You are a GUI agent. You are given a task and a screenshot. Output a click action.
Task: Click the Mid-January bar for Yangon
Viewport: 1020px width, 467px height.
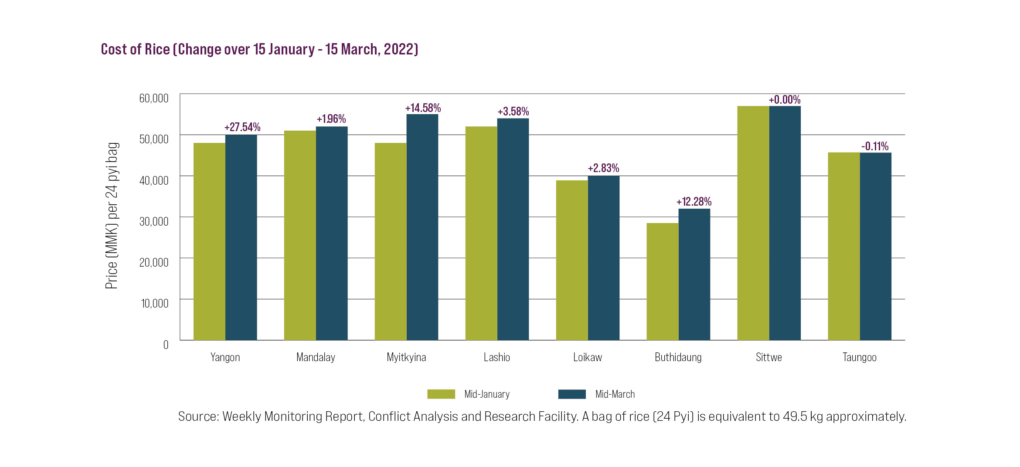click(x=209, y=241)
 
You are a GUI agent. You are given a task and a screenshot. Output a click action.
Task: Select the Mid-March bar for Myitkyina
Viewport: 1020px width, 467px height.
click(x=422, y=227)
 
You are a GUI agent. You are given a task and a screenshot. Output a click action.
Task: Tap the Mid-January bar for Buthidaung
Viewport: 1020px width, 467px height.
click(x=663, y=281)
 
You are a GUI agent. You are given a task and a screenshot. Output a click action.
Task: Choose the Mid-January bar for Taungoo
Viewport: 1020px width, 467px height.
click(x=844, y=246)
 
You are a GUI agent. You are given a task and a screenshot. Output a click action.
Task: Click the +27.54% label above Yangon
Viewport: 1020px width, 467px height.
click(x=242, y=127)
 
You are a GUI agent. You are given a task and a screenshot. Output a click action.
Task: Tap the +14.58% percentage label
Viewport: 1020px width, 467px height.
click(x=423, y=108)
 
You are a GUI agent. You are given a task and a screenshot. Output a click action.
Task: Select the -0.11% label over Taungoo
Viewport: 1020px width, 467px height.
click(x=875, y=146)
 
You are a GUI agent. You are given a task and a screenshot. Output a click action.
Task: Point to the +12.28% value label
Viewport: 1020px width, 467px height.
click(x=694, y=202)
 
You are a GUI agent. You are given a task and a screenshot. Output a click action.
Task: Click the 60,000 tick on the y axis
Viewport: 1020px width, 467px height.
click(x=154, y=98)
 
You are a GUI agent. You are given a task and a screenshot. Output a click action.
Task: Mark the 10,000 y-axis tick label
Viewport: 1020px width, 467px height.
click(x=155, y=303)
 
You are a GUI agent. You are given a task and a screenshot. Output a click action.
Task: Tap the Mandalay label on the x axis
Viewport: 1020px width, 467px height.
click(x=316, y=358)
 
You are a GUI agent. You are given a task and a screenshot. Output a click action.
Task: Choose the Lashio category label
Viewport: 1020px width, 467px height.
click(x=497, y=358)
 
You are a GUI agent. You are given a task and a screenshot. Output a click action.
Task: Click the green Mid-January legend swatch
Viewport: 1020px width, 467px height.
click(x=441, y=394)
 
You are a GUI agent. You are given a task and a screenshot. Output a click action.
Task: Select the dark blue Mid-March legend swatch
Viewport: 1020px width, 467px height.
click(x=572, y=394)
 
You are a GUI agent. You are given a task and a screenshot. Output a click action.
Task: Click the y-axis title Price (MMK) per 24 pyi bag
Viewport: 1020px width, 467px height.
click(x=112, y=216)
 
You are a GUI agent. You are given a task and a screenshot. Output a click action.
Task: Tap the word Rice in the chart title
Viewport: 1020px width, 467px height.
click(x=157, y=49)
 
